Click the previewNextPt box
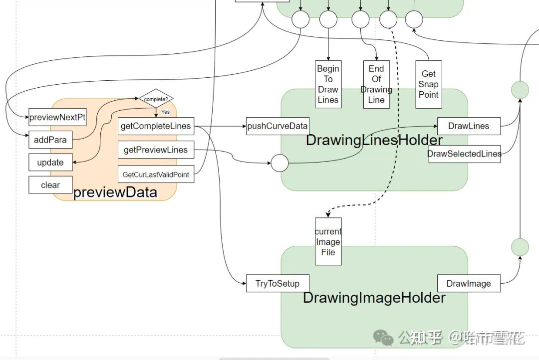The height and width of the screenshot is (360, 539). (57, 117)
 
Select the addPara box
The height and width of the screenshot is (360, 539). (50, 140)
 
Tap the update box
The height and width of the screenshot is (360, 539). (50, 162)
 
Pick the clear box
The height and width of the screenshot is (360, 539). (50, 185)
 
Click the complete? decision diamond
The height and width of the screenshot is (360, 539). (156, 99)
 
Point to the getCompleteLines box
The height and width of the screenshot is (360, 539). (156, 126)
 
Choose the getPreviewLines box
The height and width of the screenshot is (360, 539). (156, 150)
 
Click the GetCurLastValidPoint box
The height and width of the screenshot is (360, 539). (156, 175)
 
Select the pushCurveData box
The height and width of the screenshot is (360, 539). (277, 126)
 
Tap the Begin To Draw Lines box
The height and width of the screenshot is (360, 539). (328, 84)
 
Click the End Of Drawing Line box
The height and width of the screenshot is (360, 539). (376, 84)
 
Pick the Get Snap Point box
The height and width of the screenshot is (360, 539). (429, 84)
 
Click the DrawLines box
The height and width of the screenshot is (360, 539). (469, 126)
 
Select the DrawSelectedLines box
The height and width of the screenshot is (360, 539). (464, 154)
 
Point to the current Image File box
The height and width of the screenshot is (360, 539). (328, 242)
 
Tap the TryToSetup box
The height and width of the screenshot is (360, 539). (277, 284)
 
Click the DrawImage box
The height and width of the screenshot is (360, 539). (469, 284)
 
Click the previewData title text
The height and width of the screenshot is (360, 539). (115, 192)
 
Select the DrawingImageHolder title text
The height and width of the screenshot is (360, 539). (374, 298)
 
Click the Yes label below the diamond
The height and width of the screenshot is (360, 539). (165, 112)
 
